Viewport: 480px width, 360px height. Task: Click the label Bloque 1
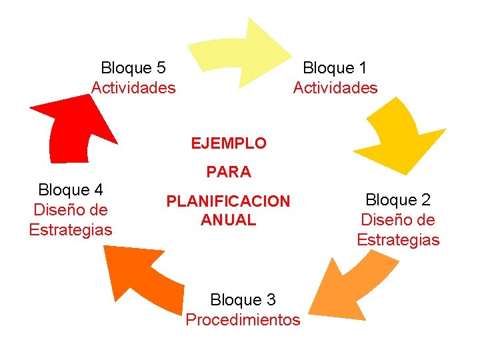(335, 67)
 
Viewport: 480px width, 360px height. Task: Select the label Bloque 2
(398, 199)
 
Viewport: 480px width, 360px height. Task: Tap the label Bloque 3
(243, 299)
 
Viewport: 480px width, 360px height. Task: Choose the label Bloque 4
(71, 189)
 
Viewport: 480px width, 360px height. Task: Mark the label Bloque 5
(133, 67)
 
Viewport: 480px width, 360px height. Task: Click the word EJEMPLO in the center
(228, 143)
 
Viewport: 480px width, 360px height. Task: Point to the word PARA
(229, 172)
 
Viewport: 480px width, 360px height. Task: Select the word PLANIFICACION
(228, 201)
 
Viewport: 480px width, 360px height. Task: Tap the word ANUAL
(228, 220)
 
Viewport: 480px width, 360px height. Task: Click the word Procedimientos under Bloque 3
(243, 320)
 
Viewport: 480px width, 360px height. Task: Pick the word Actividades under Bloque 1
(335, 87)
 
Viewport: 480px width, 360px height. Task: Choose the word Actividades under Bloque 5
(133, 87)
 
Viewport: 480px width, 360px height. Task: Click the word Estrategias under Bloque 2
(398, 240)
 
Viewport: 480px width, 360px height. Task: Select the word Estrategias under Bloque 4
(71, 230)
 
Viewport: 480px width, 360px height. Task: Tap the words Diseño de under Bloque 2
(398, 219)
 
